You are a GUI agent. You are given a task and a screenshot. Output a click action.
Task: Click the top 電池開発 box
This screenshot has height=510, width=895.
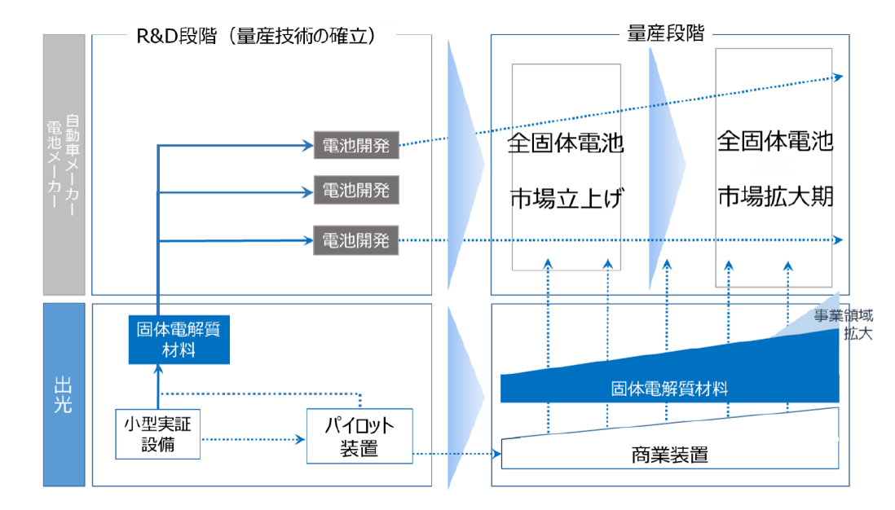[356, 146]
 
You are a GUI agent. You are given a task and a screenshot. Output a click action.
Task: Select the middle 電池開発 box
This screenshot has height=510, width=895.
[356, 192]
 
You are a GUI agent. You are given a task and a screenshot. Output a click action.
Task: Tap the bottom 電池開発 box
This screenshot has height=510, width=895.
[356, 240]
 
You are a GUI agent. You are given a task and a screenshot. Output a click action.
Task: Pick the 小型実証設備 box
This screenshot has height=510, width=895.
[158, 435]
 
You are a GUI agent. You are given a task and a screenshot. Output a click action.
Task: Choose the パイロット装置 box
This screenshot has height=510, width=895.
[359, 437]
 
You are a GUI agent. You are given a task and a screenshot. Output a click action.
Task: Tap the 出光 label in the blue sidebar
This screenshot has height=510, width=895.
[64, 394]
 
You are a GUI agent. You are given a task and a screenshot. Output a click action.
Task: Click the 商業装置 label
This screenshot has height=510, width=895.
[669, 455]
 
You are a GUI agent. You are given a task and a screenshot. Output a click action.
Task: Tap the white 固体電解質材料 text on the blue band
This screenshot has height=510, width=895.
[669, 389]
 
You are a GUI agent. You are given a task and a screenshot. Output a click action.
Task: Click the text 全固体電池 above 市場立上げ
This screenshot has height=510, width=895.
[566, 144]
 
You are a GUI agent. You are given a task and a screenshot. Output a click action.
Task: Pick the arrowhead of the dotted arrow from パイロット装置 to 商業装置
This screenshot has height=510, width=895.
[496, 454]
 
